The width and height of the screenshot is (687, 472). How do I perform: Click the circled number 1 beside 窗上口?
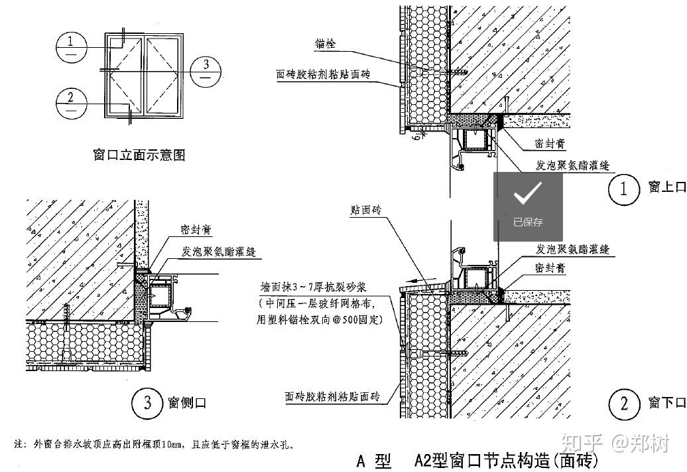(623, 189)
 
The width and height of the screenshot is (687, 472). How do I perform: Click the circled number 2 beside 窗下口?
(623, 403)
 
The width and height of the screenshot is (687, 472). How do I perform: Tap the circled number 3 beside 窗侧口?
(146, 402)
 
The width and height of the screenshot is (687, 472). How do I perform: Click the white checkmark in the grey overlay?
(528, 193)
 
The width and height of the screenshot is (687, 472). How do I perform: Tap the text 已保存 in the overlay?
(528, 222)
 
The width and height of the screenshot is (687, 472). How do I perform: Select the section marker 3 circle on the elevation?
(207, 68)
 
